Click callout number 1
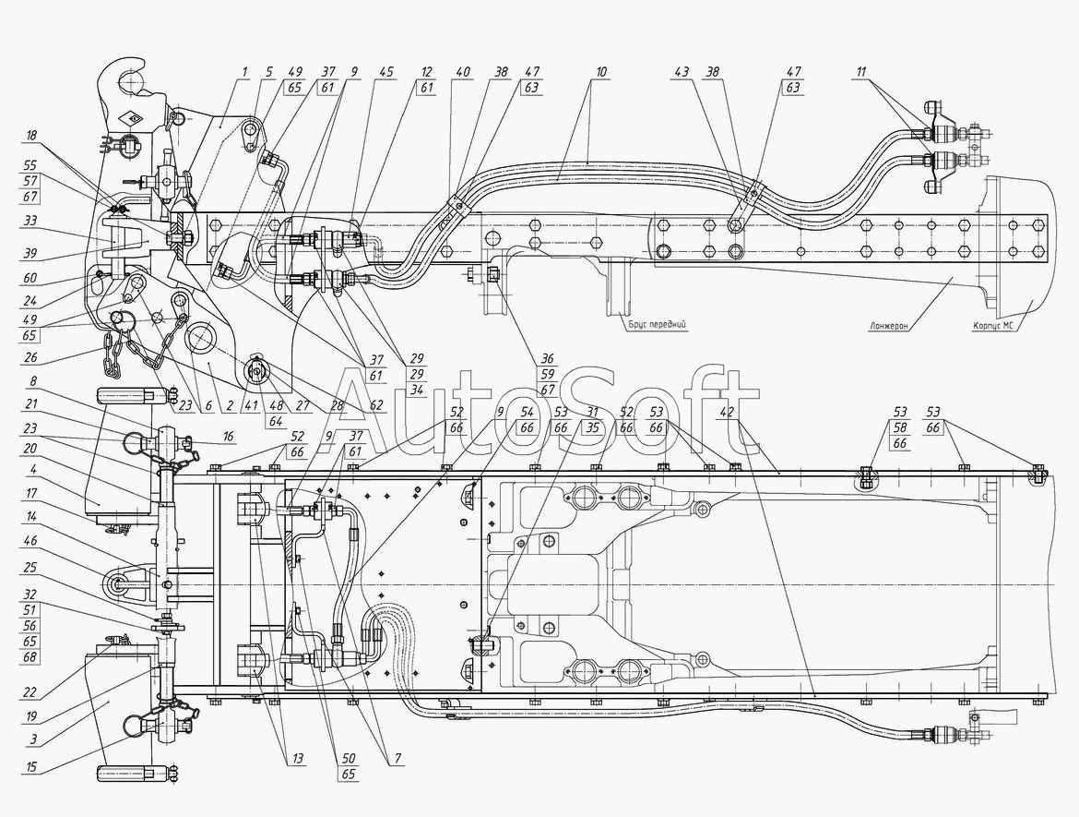245,72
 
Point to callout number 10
600,72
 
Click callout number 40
462,72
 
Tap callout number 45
385,72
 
